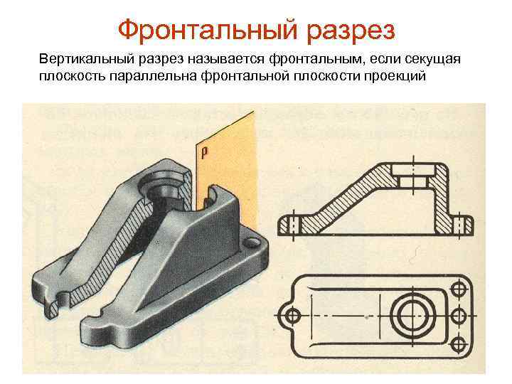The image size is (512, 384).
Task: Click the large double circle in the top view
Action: click(x=412, y=314)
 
